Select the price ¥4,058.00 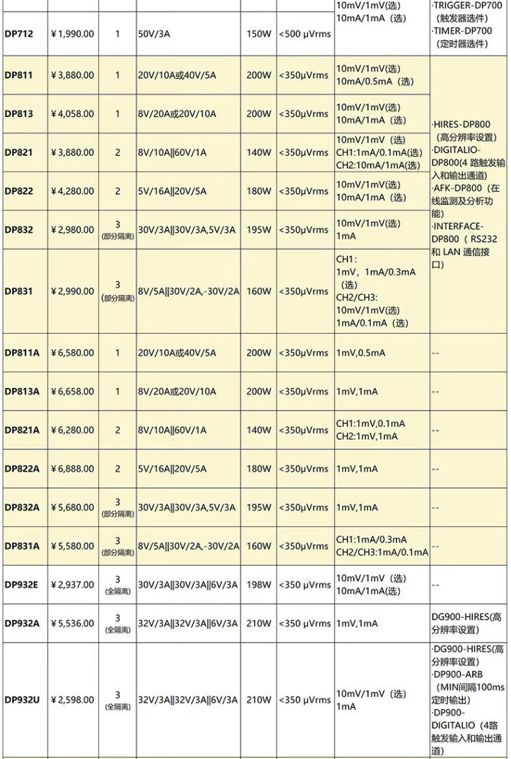point(73,114)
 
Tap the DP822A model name point(22,468)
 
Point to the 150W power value point(258,33)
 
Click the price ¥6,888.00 point(73,468)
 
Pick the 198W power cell point(258,584)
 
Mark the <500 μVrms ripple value point(304,33)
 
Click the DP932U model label point(22,699)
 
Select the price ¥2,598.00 point(73,699)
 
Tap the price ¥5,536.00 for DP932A point(73,623)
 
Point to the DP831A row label point(22,545)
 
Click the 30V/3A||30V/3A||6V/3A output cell point(188,584)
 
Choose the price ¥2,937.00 point(73,584)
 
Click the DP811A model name point(22,353)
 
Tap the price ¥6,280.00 point(73,430)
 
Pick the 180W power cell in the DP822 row point(258,191)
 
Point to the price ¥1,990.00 point(73,33)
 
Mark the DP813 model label point(18,114)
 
